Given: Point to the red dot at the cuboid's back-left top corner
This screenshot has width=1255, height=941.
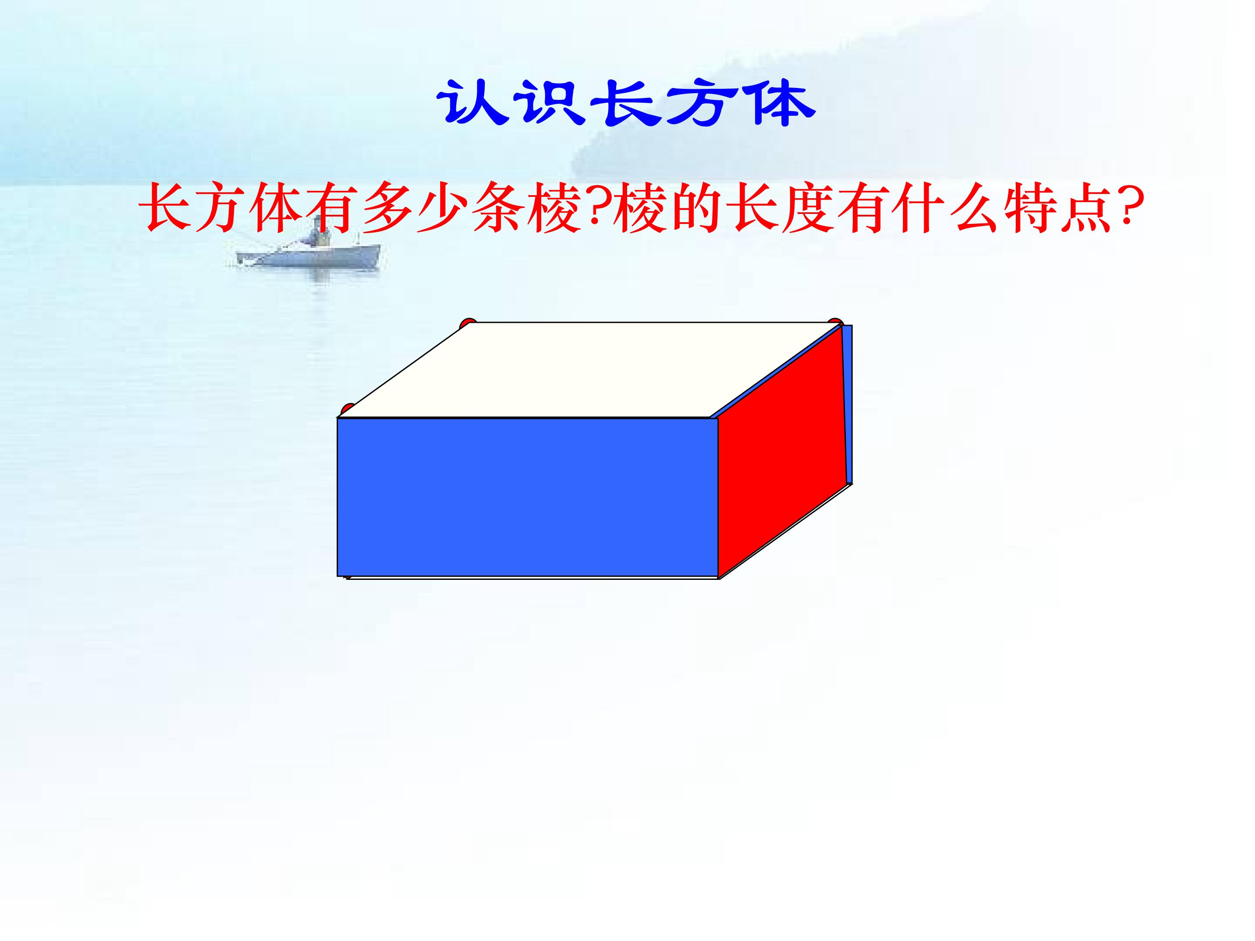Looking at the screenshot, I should (467, 323).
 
